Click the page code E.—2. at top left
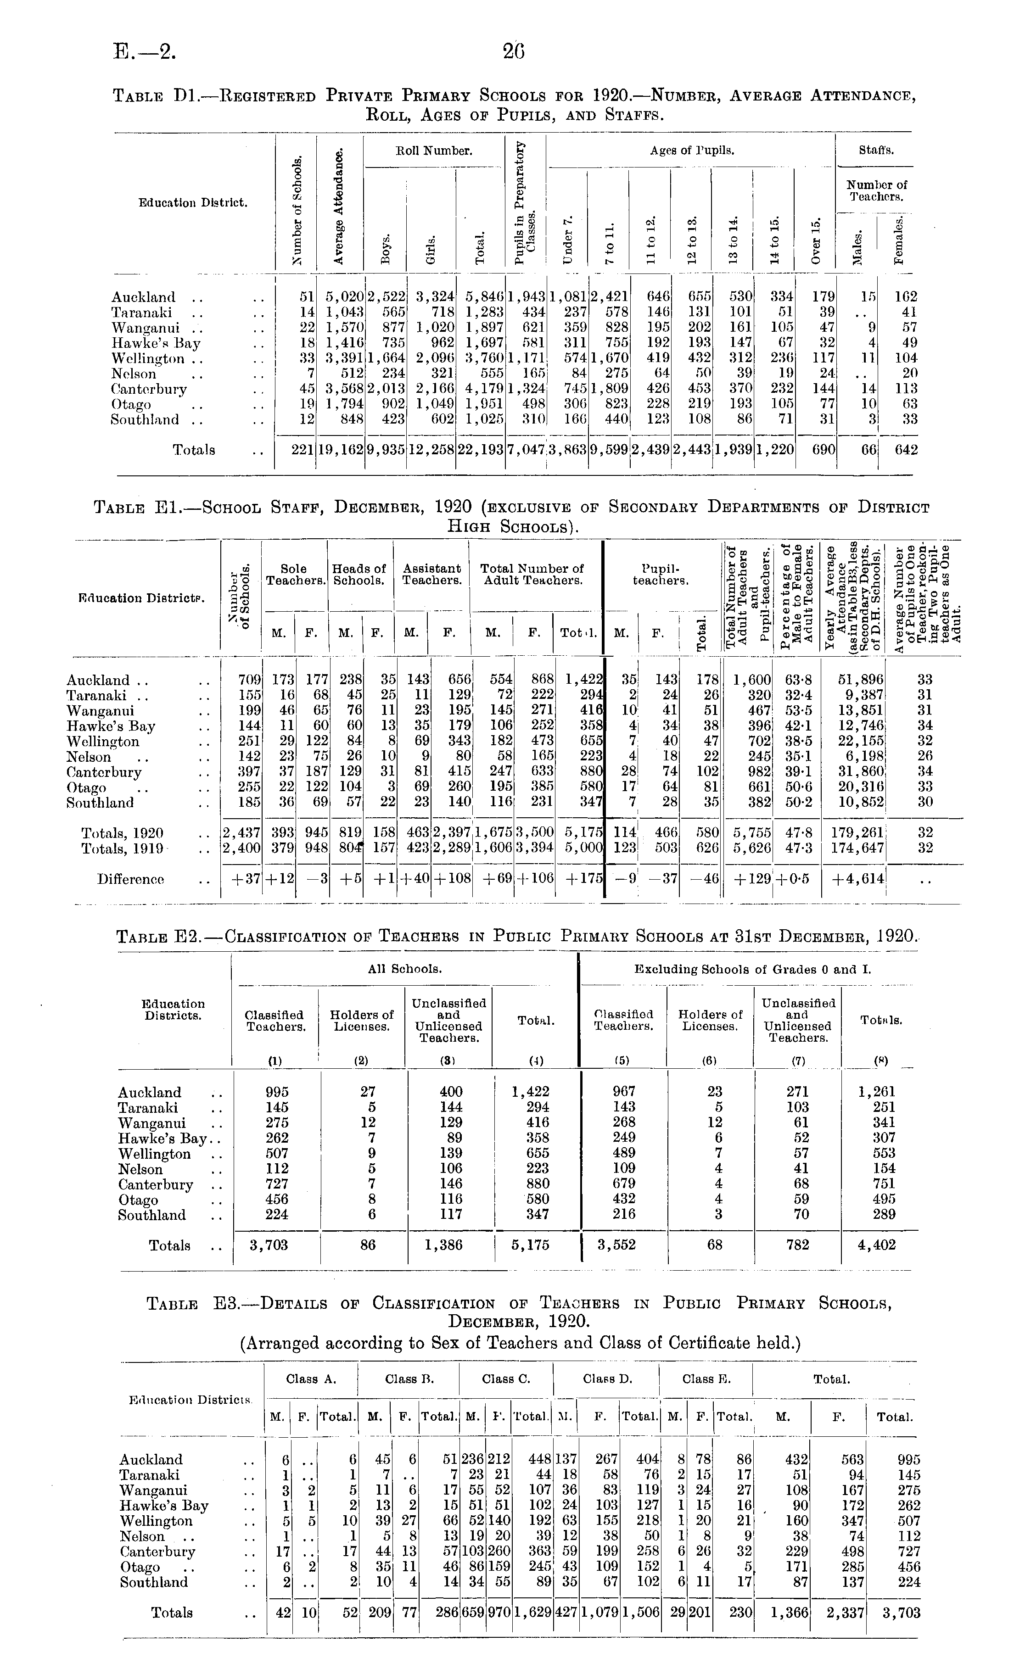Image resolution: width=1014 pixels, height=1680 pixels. click(145, 52)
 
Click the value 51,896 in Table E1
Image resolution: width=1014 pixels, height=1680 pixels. click(861, 680)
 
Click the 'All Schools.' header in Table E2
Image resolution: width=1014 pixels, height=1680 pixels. click(405, 968)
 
